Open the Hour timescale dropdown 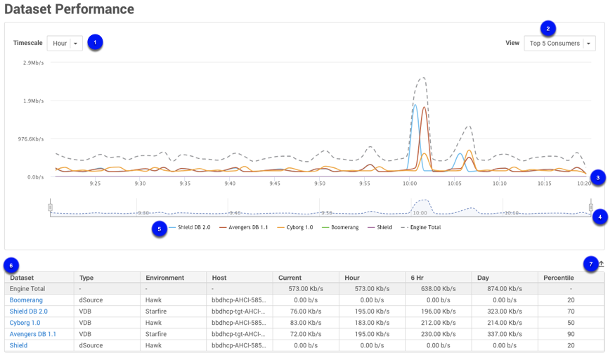65,44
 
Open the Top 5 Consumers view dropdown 559,44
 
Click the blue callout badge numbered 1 95,42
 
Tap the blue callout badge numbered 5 160,229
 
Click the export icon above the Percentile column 601,264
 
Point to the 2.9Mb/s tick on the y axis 33,63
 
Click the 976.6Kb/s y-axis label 31,139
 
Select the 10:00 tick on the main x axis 409,184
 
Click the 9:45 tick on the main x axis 275,184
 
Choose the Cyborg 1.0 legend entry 299,228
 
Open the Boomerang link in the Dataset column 26,300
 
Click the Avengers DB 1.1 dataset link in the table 33,334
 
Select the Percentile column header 559,278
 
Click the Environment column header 164,278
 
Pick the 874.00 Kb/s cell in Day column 503,289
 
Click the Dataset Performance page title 69,10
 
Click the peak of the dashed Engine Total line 421,78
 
